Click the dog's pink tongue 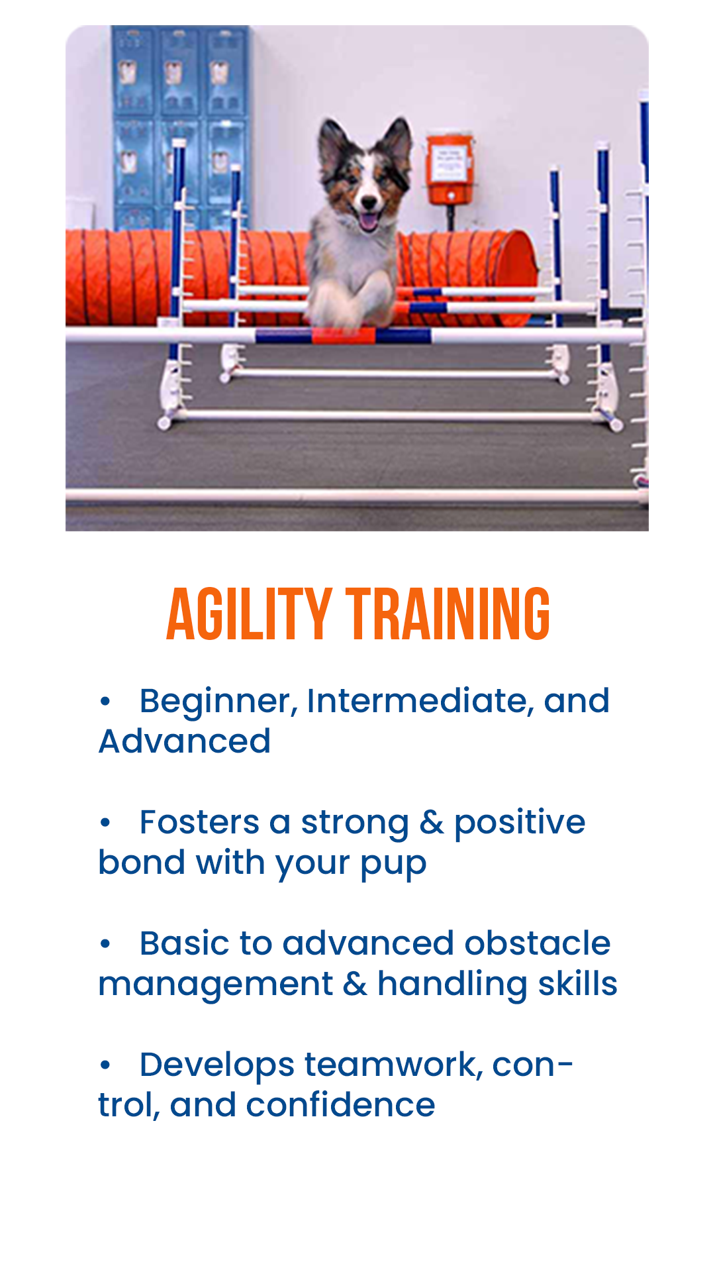[x=368, y=221]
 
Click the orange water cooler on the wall [x=450, y=170]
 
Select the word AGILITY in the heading [x=249, y=614]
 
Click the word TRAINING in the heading [x=448, y=614]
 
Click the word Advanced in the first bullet [x=185, y=741]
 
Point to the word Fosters [x=199, y=823]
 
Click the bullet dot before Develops [x=105, y=1065]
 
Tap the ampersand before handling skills [x=356, y=984]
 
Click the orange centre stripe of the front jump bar [x=344, y=336]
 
